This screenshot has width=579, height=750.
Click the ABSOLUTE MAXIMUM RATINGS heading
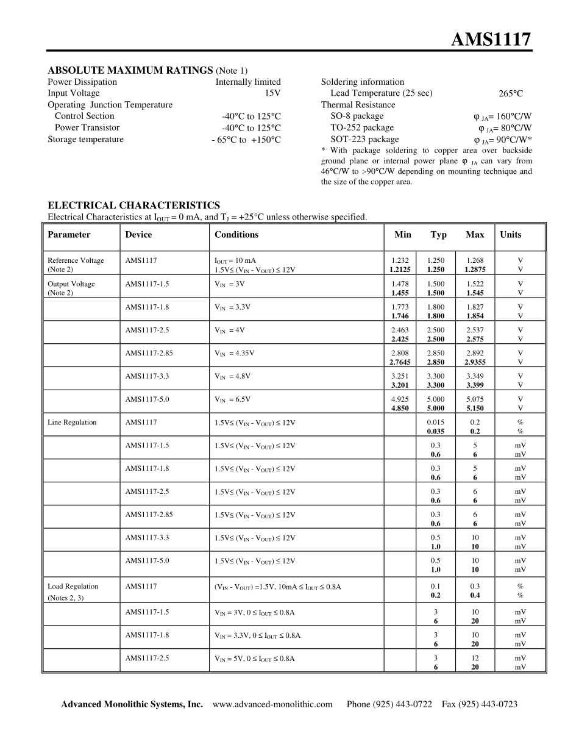(130, 70)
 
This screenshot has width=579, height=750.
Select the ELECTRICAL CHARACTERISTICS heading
(133, 205)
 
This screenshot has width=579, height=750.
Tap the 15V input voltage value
(272, 93)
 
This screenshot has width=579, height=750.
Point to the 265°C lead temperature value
(511, 94)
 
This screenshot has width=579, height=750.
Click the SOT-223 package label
(364, 139)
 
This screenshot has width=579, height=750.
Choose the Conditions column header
(236, 235)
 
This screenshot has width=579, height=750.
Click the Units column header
(511, 235)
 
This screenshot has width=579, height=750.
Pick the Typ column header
(438, 235)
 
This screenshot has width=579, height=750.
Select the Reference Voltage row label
(76, 260)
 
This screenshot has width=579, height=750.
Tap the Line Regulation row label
(72, 422)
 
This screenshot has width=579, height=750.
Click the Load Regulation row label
(73, 586)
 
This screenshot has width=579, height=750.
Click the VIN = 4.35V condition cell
(234, 353)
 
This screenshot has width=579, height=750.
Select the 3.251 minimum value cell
(400, 376)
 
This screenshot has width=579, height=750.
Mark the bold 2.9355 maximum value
(475, 362)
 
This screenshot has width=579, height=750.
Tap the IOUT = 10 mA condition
(235, 260)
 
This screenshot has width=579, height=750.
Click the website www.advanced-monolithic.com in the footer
(272, 704)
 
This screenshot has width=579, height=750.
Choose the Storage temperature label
(85, 139)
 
